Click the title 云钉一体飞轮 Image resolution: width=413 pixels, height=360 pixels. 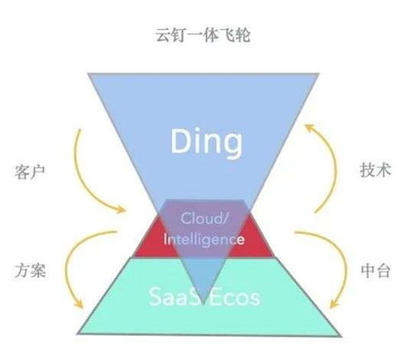[x=203, y=35]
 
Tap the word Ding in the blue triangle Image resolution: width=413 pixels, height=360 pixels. [x=207, y=142]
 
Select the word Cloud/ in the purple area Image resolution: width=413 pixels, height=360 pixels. [x=204, y=218]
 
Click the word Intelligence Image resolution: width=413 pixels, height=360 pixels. [x=204, y=238]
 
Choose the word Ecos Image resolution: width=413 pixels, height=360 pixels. [x=236, y=297]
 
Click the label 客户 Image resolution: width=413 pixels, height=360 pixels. [x=30, y=171]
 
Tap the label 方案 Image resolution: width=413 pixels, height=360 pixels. [x=31, y=270]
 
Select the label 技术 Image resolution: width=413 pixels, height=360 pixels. [x=375, y=170]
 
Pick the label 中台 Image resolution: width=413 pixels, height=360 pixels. [x=376, y=271]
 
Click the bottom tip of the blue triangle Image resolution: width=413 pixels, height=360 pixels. [x=203, y=305]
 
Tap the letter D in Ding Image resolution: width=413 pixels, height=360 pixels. [x=181, y=141]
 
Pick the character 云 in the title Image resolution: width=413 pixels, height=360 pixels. [x=163, y=35]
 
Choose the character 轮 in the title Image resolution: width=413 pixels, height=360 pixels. [x=243, y=35]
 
